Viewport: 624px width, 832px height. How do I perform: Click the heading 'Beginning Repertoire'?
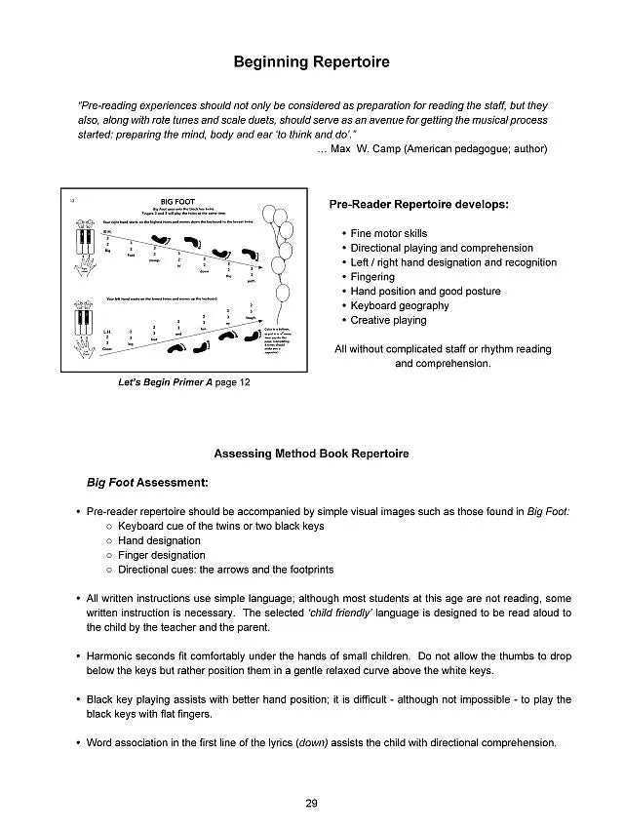pyautogui.click(x=311, y=62)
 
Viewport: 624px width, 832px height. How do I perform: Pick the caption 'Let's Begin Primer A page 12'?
pyautogui.click(x=184, y=383)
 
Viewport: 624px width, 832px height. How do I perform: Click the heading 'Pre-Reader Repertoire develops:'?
pyautogui.click(x=419, y=205)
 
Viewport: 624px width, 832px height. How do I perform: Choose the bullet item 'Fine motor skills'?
pyautogui.click(x=389, y=234)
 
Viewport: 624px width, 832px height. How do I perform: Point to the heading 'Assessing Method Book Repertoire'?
pyautogui.click(x=311, y=454)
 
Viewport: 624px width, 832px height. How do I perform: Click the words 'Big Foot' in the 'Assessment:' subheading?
pyautogui.click(x=109, y=482)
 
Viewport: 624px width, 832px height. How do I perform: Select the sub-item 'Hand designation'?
pyautogui.click(x=159, y=540)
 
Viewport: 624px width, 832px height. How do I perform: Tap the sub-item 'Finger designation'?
pyautogui.click(x=161, y=555)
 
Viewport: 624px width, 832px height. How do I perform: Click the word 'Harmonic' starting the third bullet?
pyautogui.click(x=111, y=656)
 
